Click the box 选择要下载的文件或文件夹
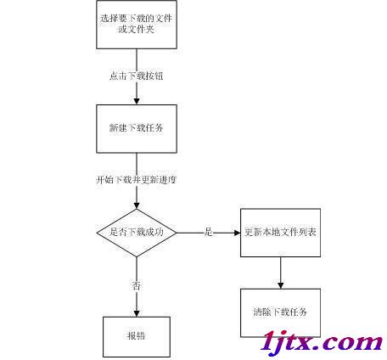(137, 25)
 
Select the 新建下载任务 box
(137, 129)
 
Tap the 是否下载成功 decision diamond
(137, 233)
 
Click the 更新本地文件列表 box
(280, 233)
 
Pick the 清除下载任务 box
(280, 312)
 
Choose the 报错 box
(137, 337)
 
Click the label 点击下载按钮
(137, 76)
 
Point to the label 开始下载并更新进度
(137, 180)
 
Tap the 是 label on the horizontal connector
(209, 232)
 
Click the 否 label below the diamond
(137, 285)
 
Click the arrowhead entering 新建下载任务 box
(137, 101)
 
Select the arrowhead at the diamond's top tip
(137, 205)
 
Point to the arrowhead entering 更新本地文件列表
(237, 233)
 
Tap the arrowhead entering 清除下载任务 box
(280, 285)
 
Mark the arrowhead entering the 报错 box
(137, 313)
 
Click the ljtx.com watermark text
(322, 341)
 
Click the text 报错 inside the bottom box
(137, 336)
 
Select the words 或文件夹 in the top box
(137, 29)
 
